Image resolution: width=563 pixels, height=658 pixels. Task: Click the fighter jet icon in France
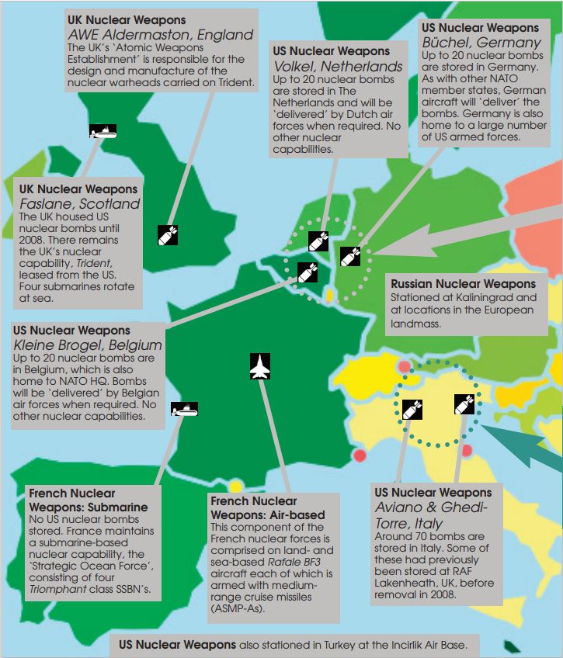point(259,367)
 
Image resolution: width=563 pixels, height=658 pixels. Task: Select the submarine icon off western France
point(185,408)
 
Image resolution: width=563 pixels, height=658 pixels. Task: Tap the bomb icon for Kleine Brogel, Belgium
point(308,272)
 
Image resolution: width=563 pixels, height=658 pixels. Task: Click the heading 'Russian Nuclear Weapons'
point(463,284)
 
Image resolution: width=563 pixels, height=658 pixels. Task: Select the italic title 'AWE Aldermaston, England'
point(161,35)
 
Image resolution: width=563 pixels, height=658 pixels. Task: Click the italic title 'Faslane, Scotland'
point(81,204)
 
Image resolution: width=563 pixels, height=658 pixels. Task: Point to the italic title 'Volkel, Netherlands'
point(338,67)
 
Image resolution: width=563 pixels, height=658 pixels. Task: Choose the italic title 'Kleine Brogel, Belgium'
point(88,345)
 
